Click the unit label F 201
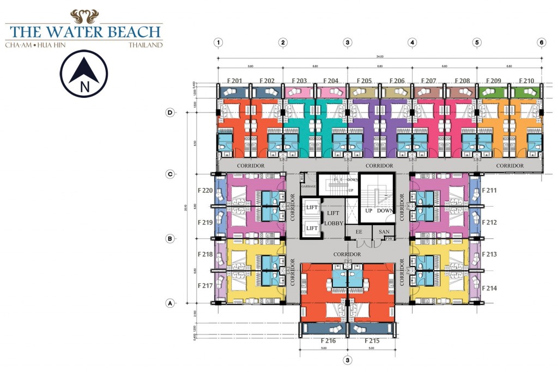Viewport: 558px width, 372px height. (233, 81)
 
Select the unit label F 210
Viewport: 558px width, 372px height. (525, 81)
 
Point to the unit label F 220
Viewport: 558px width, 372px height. (205, 191)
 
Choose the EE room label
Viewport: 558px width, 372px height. (359, 232)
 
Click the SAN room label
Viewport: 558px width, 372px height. (383, 232)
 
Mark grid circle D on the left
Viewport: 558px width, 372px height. (170, 113)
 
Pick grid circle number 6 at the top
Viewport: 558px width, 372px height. (541, 42)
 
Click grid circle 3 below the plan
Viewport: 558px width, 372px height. (347, 360)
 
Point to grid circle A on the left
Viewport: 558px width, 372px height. (170, 303)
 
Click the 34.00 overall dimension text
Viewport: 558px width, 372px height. (380, 56)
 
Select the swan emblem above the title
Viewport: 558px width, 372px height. (84, 16)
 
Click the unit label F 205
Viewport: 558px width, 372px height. (362, 81)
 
